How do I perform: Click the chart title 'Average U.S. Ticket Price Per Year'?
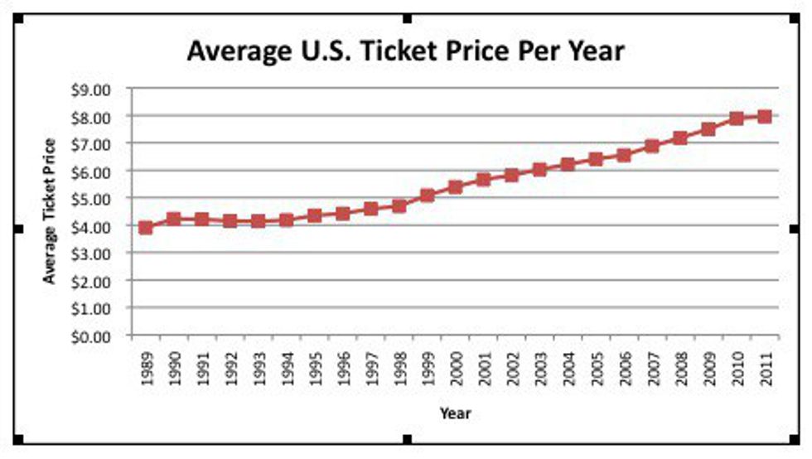[x=405, y=51]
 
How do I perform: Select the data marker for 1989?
[x=146, y=227]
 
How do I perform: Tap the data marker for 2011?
[x=765, y=117]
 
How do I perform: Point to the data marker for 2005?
[x=596, y=159]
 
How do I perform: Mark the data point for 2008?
[x=680, y=138]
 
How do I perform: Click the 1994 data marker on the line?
[x=287, y=220]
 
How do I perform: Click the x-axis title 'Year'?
[x=455, y=412]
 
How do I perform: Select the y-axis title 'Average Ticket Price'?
[x=50, y=211]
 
